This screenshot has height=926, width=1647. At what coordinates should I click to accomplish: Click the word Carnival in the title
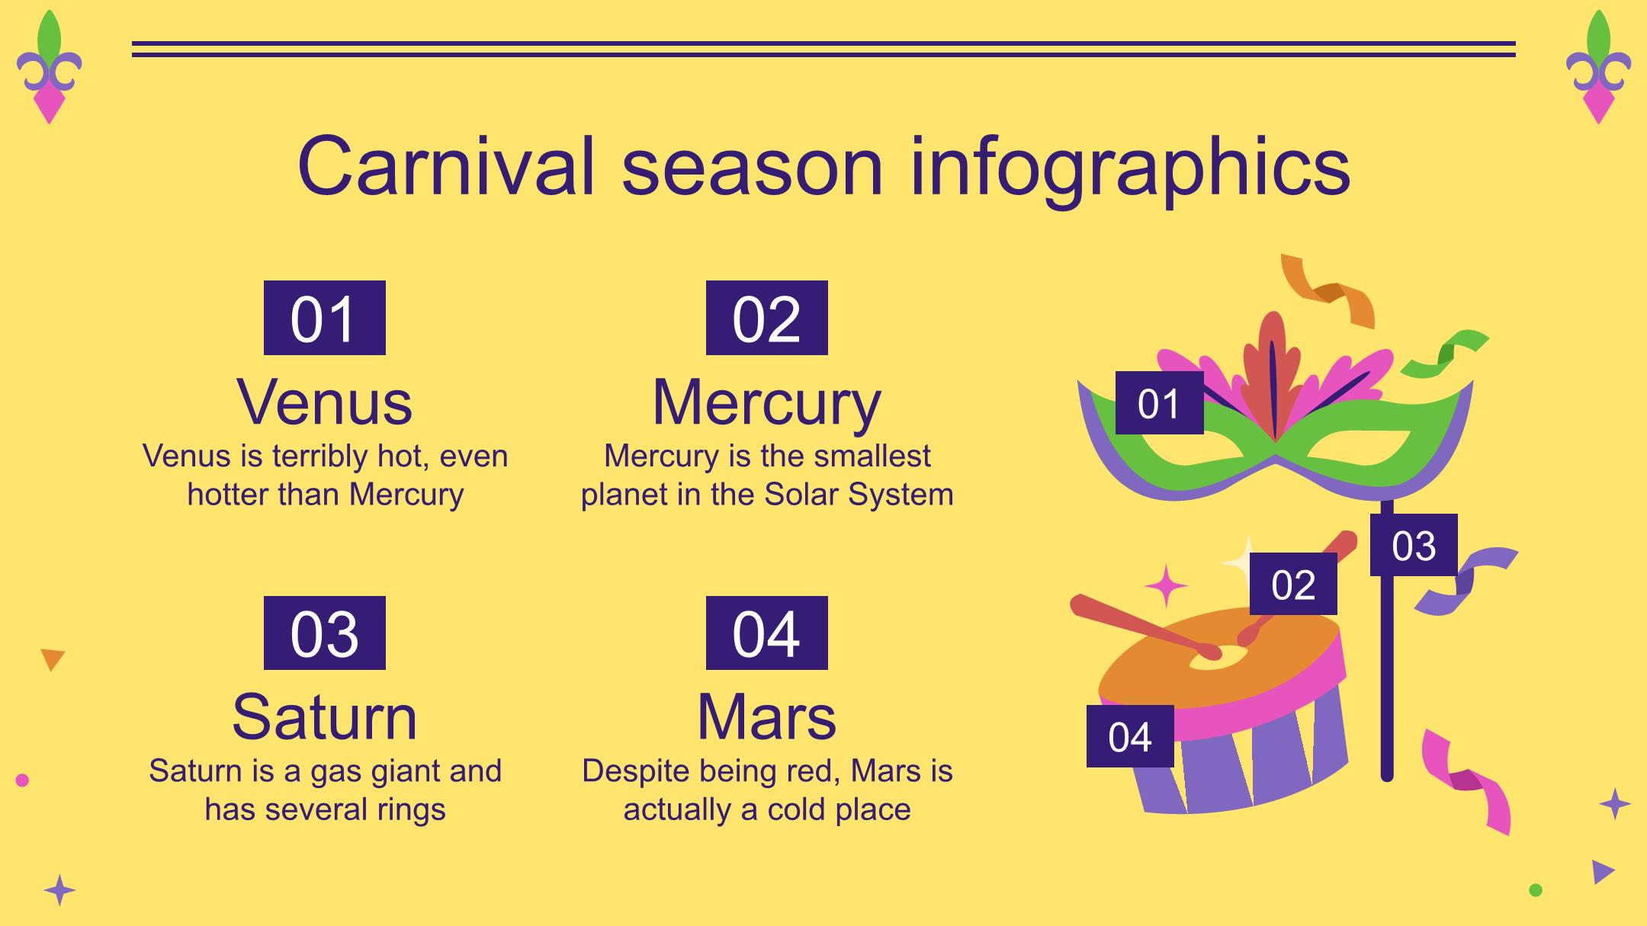(x=446, y=166)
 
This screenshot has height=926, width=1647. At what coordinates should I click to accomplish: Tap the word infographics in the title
(x=1130, y=169)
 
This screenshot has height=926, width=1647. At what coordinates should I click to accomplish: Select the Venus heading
(x=325, y=402)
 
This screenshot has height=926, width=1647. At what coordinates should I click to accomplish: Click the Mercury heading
(x=766, y=404)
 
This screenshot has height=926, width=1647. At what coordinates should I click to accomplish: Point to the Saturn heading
(x=325, y=716)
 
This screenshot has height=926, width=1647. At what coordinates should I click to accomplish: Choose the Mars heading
(x=766, y=716)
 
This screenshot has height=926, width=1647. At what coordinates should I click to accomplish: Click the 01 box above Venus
(x=325, y=318)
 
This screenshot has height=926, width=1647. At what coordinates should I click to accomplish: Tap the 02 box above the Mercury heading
(x=766, y=318)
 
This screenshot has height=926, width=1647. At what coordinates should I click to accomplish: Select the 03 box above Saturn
(x=325, y=633)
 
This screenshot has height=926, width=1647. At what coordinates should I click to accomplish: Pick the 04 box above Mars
(x=766, y=633)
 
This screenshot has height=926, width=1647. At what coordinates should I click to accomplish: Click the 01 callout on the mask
(x=1159, y=403)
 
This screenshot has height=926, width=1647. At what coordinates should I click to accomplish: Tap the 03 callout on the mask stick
(x=1414, y=545)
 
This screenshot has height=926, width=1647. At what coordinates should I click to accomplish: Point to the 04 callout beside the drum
(x=1130, y=736)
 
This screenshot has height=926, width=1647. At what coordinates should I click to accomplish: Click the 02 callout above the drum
(x=1293, y=584)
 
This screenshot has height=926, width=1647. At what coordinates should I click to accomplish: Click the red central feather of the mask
(x=1272, y=373)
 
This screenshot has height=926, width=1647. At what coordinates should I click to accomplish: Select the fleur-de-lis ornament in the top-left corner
(x=49, y=67)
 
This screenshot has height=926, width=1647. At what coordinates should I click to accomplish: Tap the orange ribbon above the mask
(x=1328, y=291)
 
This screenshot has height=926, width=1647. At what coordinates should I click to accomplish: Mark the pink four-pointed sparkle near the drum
(x=1166, y=586)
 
